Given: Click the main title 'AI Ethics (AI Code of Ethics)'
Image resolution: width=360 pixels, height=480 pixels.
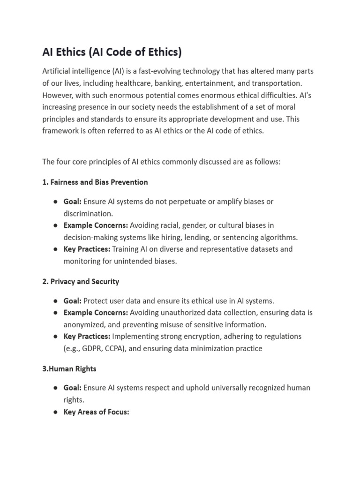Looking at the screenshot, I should pos(112,52).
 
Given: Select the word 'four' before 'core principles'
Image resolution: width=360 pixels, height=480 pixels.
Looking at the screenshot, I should pos(64,162).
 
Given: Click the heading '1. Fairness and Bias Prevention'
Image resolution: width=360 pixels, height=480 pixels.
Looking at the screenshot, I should pos(95,182).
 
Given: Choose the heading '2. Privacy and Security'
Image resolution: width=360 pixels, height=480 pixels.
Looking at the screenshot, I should pos(81,281).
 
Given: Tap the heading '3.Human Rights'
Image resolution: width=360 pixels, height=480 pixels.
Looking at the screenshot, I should pos(69,368).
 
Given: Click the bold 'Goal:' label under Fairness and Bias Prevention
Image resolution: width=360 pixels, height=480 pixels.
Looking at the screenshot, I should pos(73,202).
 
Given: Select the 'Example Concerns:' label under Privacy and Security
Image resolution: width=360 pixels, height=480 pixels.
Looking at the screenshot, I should pos(96,313).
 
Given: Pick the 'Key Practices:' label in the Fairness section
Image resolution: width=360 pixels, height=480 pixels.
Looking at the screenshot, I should pos(87,249).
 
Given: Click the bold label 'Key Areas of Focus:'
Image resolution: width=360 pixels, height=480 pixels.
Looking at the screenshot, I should pos(96,412).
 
